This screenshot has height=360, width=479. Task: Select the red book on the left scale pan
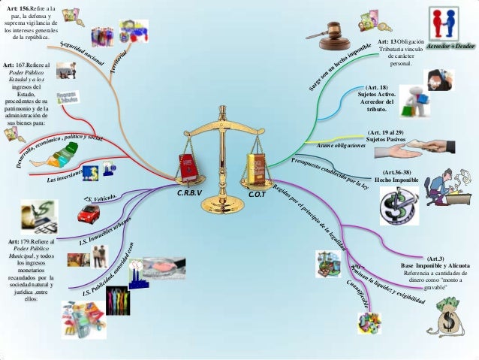pyautogui.click(x=185, y=169)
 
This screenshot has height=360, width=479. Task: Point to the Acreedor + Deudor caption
pyautogui.click(x=451, y=46)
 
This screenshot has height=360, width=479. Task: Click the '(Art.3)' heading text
pyautogui.click(x=435, y=257)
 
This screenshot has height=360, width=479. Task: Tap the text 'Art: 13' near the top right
pyautogui.click(x=387, y=41)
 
